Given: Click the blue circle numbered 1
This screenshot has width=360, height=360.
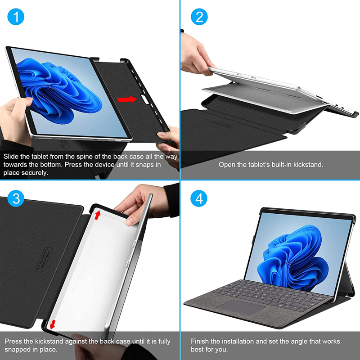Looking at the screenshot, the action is click(16, 17).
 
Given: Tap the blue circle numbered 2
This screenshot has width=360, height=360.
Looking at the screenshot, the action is click(199, 17).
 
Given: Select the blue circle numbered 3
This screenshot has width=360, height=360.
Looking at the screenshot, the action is click(16, 198).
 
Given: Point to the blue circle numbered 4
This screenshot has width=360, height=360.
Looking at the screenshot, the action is click(199, 198).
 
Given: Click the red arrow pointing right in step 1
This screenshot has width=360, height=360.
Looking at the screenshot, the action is click(127, 99).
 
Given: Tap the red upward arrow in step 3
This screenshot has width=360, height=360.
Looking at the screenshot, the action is click(98, 215).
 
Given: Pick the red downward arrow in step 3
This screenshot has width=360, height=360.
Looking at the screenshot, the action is click(53, 324).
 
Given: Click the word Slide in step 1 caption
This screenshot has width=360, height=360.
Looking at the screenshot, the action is click(11, 157).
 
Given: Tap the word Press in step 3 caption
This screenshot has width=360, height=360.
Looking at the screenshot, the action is click(12, 342).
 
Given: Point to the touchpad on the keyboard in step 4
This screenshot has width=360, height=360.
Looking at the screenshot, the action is click(241, 307).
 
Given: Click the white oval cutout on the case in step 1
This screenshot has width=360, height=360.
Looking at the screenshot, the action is click(145, 99).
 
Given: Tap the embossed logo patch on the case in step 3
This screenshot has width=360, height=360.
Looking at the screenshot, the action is click(44, 260).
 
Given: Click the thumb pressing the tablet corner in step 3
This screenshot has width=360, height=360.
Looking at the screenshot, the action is click(132, 221).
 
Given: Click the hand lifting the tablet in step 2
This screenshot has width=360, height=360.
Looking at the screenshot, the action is click(196, 54).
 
